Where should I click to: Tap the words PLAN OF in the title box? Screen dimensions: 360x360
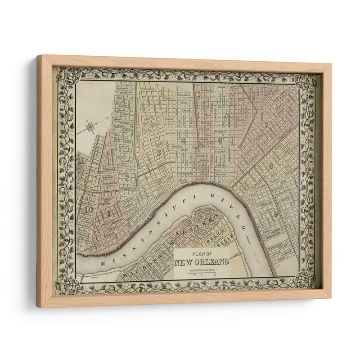[x=202, y=253]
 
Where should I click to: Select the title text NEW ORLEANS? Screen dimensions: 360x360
[x=202, y=261]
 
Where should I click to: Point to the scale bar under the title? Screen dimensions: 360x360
[x=201, y=274]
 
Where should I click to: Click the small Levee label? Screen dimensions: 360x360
[x=94, y=279]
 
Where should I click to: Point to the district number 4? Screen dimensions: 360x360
[x=184, y=140]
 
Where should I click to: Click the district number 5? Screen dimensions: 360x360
[x=159, y=152]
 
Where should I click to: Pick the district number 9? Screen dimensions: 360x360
[x=275, y=214]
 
